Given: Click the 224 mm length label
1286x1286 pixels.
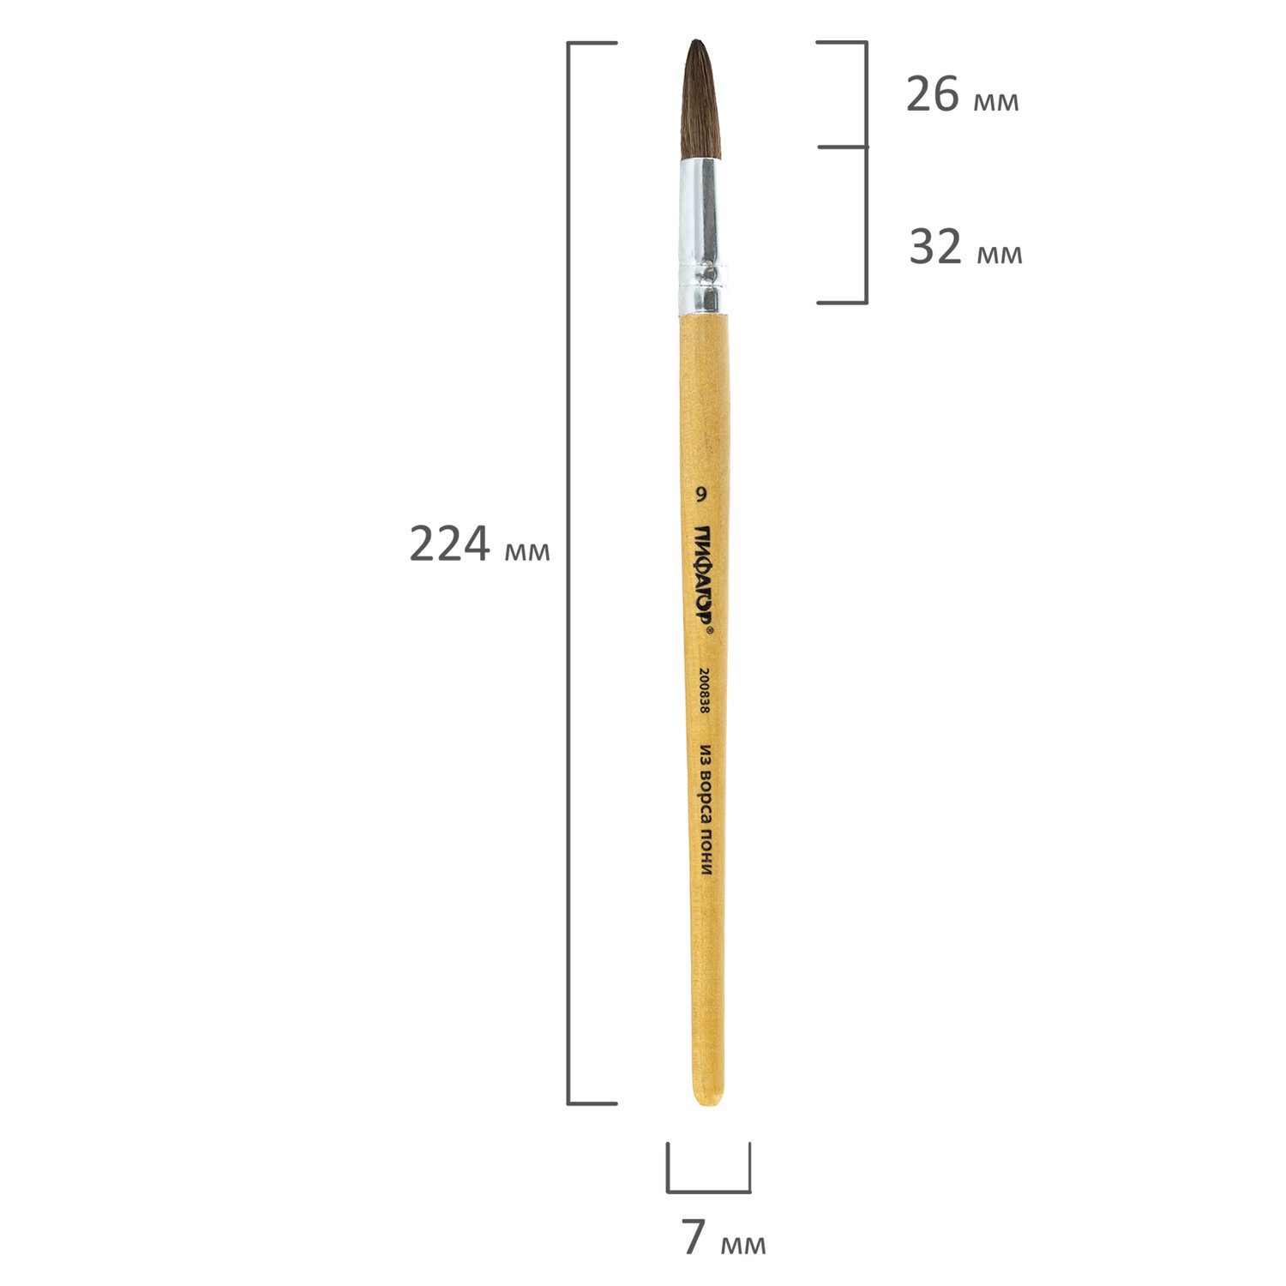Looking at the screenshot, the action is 479,544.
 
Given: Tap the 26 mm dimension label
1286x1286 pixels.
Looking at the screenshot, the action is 962,95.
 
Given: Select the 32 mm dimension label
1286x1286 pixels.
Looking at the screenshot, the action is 965,248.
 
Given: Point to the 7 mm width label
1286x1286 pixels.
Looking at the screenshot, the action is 724,1237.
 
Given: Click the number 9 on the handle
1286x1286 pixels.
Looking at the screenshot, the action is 701,494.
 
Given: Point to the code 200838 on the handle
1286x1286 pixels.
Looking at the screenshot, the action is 705,692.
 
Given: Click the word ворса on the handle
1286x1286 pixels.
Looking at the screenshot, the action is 706,799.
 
